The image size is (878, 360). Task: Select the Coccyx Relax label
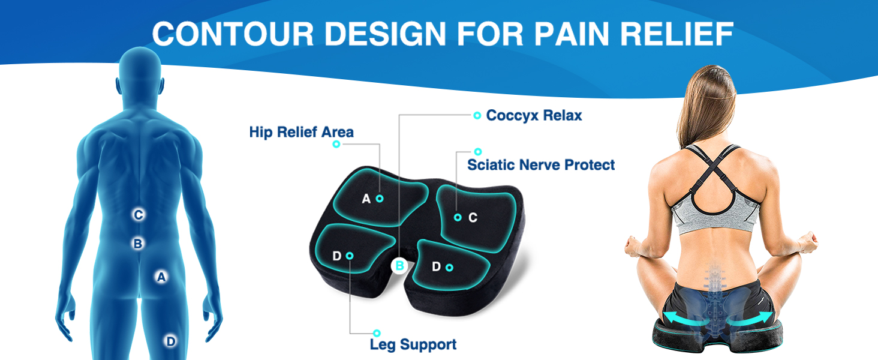coord(534,115)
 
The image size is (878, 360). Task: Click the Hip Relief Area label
coord(301,132)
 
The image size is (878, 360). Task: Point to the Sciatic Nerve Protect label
coord(541,164)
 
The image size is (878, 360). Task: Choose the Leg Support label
coord(413,344)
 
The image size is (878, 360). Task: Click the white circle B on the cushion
coord(399,265)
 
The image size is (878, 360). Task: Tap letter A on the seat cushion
coord(366,199)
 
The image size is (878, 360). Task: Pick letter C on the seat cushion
coord(473,217)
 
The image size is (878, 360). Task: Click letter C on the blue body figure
coord(139,215)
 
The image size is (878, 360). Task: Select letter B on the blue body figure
coord(138,244)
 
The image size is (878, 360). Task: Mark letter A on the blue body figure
coord(161,277)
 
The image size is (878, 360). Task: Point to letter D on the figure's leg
coord(171,341)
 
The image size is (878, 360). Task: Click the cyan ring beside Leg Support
coord(377,333)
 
